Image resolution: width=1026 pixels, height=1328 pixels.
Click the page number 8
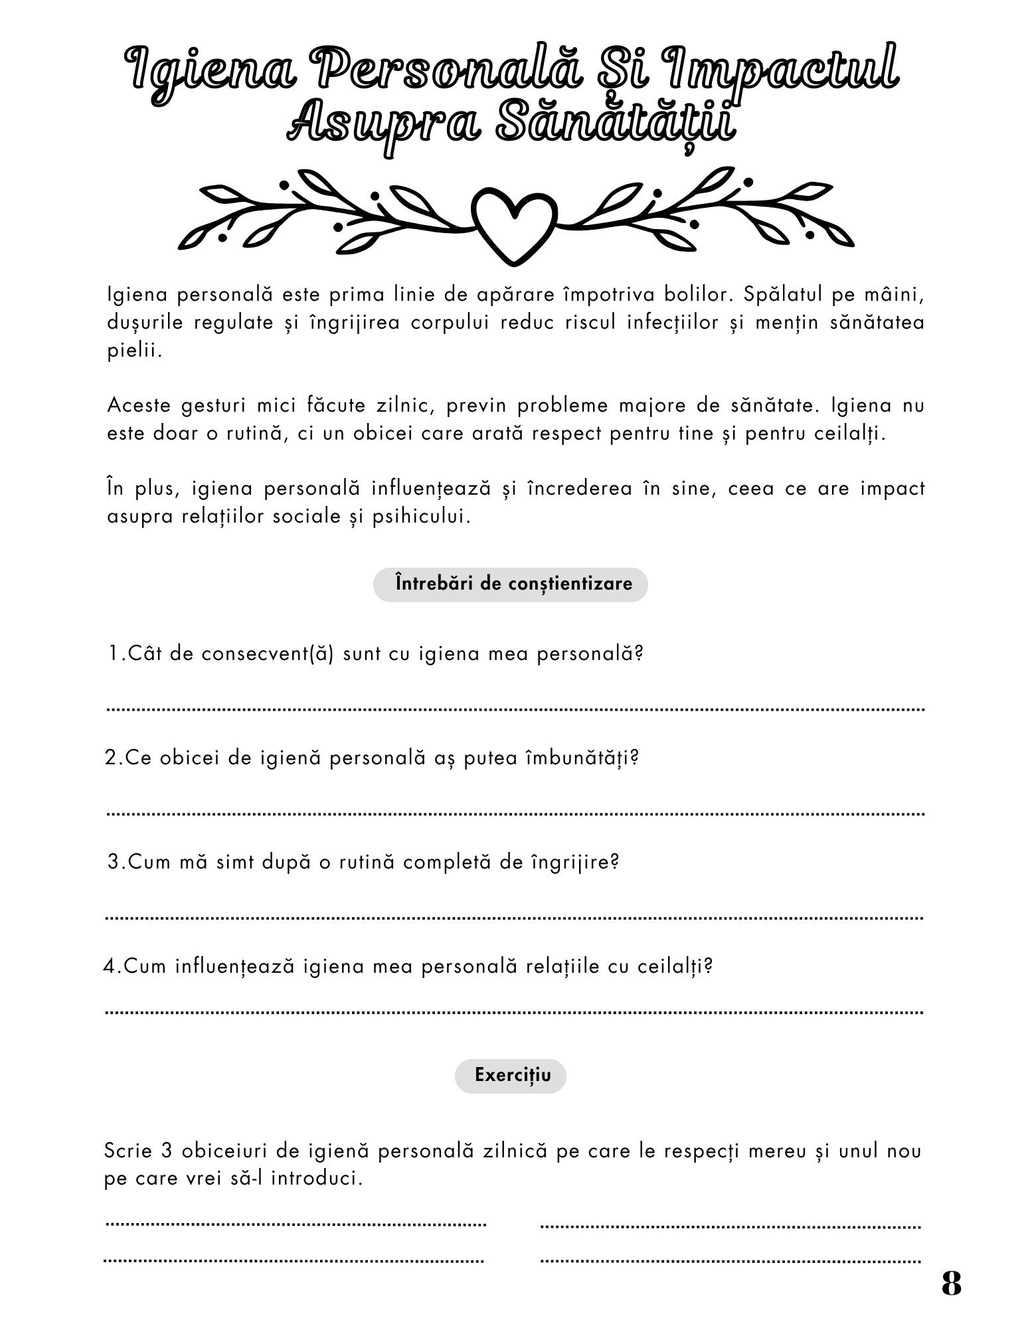tap(951, 1284)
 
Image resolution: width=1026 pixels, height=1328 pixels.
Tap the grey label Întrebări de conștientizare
tap(510, 584)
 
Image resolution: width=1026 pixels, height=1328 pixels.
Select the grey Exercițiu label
tap(511, 1074)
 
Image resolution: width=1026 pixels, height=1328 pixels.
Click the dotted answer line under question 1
tap(515, 709)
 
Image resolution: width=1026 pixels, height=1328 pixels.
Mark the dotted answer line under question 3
tap(515, 918)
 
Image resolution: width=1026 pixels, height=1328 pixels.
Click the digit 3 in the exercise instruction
tap(166, 1151)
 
